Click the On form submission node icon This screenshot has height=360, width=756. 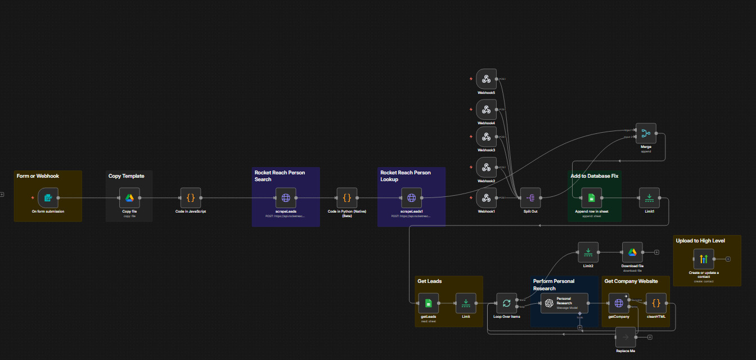48,197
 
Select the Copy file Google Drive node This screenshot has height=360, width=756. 129,197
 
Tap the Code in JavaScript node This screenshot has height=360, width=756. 191,197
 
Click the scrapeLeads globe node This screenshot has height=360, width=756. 286,197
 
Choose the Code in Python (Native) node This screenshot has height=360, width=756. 347,197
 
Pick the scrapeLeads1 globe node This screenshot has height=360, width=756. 411,197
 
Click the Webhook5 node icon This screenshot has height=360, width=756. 487,79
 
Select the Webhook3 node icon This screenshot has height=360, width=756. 487,137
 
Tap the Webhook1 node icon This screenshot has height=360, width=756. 487,198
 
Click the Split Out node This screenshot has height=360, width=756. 530,197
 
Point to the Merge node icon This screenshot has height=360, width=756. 646,133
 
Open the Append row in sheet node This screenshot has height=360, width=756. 592,197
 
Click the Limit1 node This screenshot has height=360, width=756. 650,197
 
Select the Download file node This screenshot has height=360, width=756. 632,252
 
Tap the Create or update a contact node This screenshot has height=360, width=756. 704,259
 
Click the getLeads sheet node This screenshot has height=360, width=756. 429,303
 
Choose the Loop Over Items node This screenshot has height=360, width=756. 506,303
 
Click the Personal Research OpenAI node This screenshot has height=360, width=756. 564,303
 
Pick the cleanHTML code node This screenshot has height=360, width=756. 656,303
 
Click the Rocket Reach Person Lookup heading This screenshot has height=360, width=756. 405,176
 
